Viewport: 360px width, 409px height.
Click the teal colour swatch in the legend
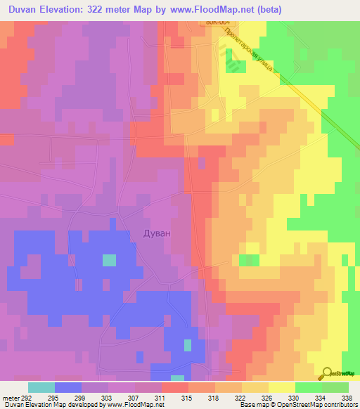41,387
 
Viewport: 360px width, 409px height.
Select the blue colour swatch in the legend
68,387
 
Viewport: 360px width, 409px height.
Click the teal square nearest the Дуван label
109,260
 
